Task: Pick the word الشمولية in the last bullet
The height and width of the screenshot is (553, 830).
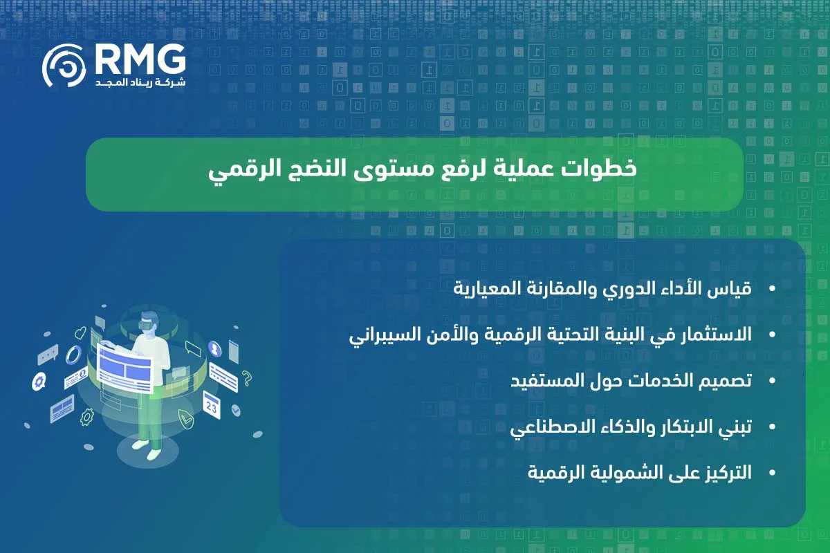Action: pos(632,474)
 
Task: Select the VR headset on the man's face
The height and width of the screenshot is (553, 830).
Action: pos(147,322)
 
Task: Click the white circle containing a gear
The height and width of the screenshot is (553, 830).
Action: pos(39,380)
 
